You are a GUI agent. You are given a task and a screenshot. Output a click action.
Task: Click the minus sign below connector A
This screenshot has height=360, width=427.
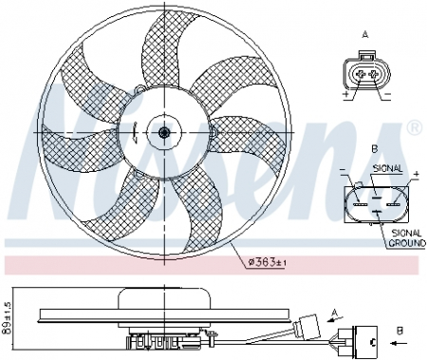coord(385,97)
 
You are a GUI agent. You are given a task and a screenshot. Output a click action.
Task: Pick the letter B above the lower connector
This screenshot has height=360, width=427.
coord(375,149)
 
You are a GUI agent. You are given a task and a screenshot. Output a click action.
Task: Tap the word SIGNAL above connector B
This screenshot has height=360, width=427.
coord(388,168)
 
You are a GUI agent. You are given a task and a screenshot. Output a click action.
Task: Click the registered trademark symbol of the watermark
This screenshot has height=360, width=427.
coord(414,126)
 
